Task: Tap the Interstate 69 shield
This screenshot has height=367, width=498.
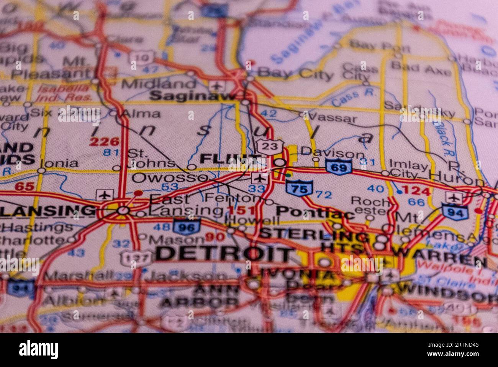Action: (x=339, y=167)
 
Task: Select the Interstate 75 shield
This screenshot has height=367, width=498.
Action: (x=299, y=188)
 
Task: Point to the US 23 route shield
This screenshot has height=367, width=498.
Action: (x=270, y=146)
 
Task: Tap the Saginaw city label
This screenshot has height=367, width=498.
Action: (x=191, y=96)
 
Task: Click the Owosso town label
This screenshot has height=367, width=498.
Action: (x=170, y=178)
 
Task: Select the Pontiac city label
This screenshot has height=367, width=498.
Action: (x=315, y=212)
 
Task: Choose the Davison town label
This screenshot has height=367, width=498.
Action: (x=333, y=153)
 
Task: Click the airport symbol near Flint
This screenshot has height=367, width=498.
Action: (x=259, y=178)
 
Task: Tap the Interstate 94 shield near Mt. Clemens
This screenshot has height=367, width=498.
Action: (x=454, y=212)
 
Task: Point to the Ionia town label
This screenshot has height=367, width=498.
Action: (x=59, y=164)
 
